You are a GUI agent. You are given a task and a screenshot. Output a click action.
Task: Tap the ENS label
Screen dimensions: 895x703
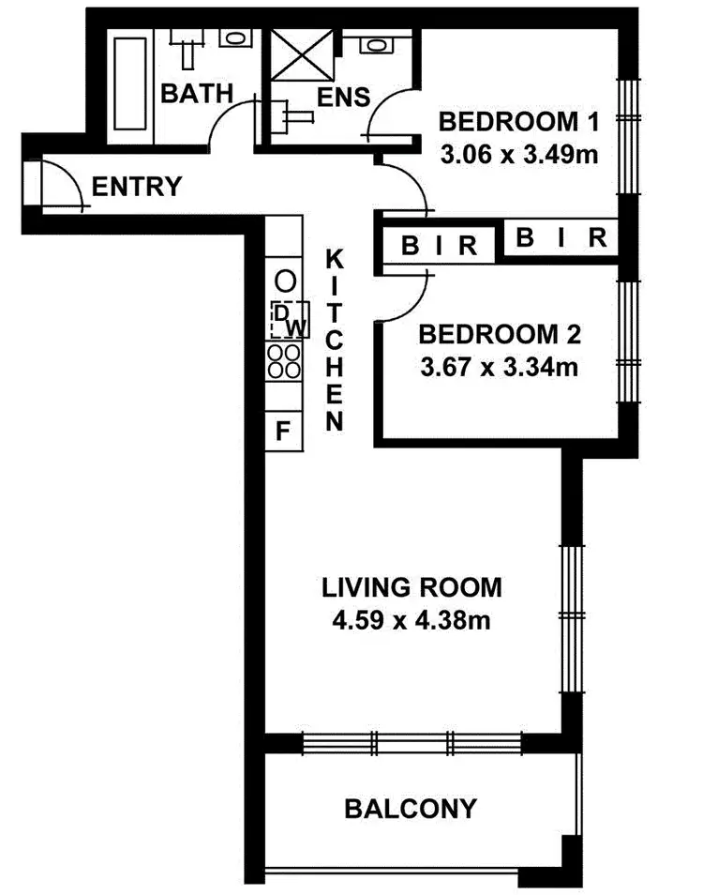click(343, 97)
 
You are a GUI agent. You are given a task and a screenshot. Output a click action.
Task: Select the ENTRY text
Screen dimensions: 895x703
click(136, 187)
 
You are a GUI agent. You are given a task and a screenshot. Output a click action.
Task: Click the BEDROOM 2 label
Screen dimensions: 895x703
click(500, 334)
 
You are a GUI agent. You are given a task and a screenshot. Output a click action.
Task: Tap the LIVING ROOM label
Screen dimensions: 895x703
click(411, 588)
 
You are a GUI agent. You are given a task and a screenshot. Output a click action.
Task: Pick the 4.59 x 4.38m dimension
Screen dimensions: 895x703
click(411, 620)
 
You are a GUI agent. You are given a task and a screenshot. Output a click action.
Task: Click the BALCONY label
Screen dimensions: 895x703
click(411, 808)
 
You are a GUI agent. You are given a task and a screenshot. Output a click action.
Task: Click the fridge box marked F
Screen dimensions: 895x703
click(283, 432)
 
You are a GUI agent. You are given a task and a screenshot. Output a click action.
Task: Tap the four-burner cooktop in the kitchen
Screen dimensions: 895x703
click(284, 361)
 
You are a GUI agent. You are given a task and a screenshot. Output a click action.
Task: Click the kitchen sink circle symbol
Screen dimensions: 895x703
click(285, 280)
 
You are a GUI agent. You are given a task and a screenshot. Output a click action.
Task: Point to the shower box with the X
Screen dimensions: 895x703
click(303, 55)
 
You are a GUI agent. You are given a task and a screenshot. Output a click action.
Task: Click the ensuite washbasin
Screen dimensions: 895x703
click(376, 44)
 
